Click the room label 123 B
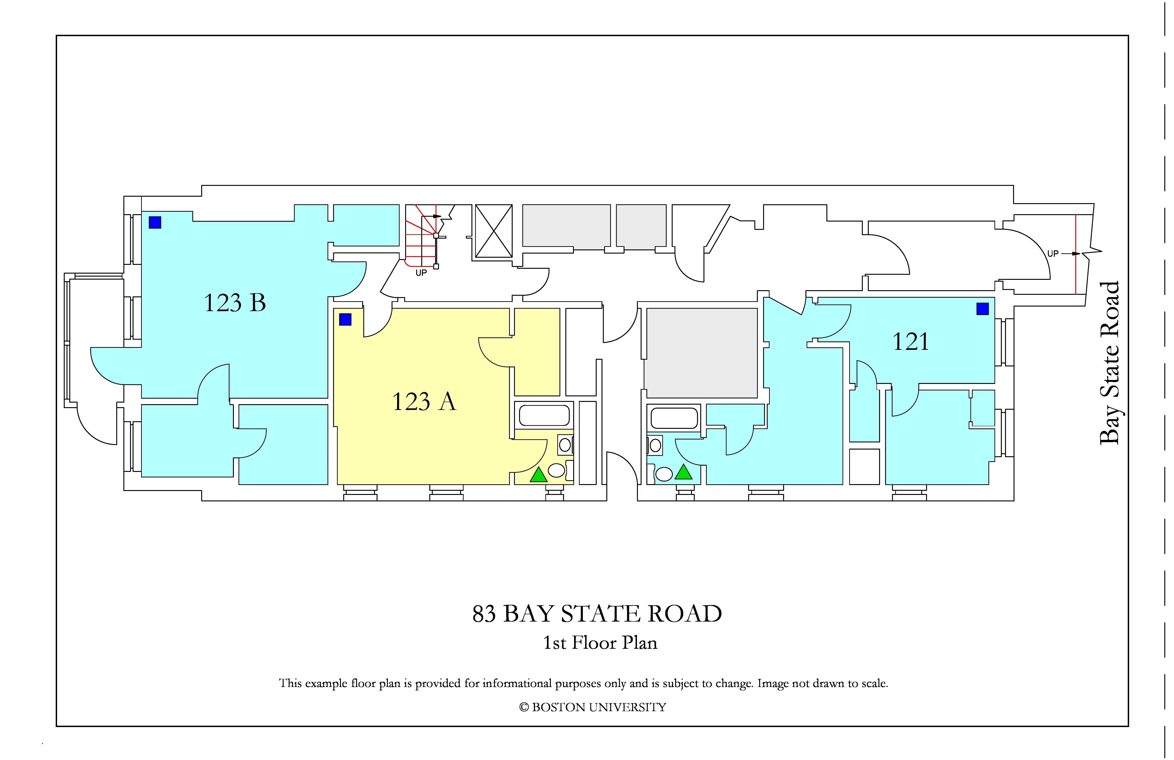(x=235, y=303)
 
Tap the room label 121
(x=911, y=342)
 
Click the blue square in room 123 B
(x=155, y=222)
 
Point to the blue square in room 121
(x=983, y=309)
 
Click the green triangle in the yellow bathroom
(x=539, y=475)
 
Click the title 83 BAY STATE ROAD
(x=597, y=614)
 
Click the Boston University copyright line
(x=593, y=707)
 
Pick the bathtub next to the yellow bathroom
(x=544, y=415)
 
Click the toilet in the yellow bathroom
(x=556, y=470)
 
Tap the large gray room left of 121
(x=701, y=353)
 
